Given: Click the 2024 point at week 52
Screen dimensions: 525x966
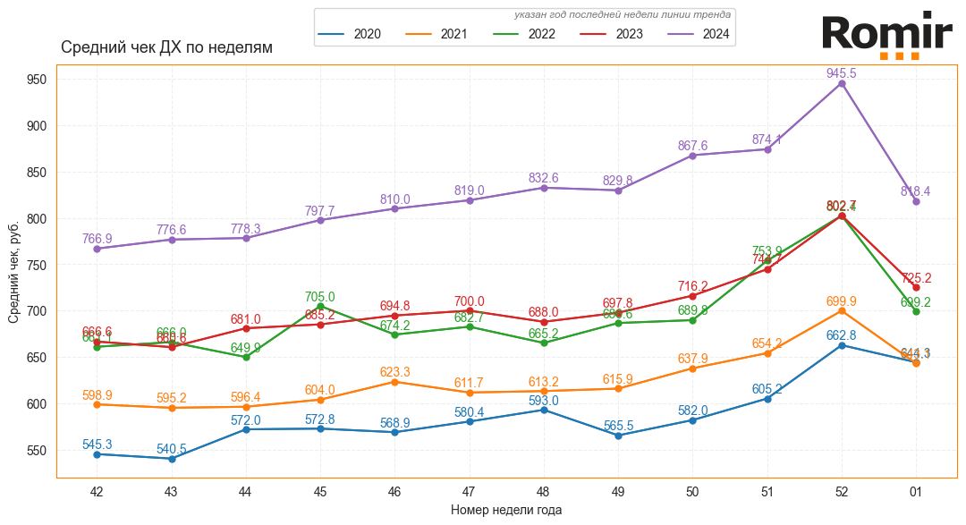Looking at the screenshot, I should point(842,83).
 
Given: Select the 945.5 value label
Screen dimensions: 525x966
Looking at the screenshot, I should point(842,73).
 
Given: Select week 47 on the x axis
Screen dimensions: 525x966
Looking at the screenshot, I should point(469,491).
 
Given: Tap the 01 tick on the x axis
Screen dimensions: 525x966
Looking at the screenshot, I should point(916,491).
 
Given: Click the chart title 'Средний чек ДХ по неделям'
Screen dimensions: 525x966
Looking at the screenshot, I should point(166,47).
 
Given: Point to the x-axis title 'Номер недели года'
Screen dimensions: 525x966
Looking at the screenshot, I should point(506,511).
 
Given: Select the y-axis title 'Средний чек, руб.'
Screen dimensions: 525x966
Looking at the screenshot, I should point(14,271).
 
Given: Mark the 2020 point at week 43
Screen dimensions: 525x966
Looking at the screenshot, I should point(171,459).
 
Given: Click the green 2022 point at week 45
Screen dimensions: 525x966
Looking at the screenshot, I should point(320,306).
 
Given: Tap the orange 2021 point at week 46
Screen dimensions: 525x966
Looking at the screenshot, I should point(394,382).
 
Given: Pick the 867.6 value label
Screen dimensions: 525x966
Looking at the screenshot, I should point(692,146).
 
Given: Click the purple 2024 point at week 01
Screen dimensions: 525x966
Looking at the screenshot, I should point(916,201).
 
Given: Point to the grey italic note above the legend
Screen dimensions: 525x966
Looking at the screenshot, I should point(623,14).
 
